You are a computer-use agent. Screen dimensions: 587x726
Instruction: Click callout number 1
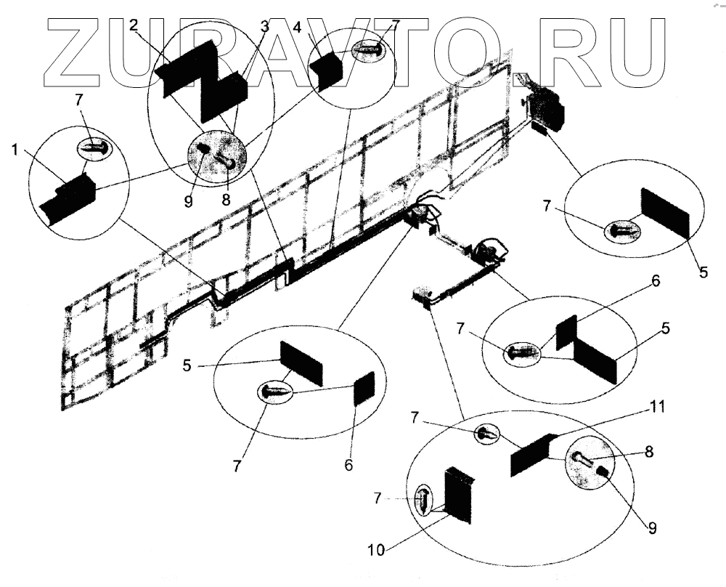pyautogui.click(x=15, y=150)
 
